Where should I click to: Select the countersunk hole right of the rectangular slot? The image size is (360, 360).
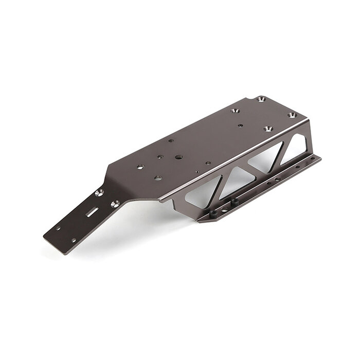coord(115,204)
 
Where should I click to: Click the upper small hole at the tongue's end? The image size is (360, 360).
coord(58,228)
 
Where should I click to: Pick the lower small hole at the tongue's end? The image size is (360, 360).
coord(73,240)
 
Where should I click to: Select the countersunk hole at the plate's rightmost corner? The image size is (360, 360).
coord(292,115)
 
